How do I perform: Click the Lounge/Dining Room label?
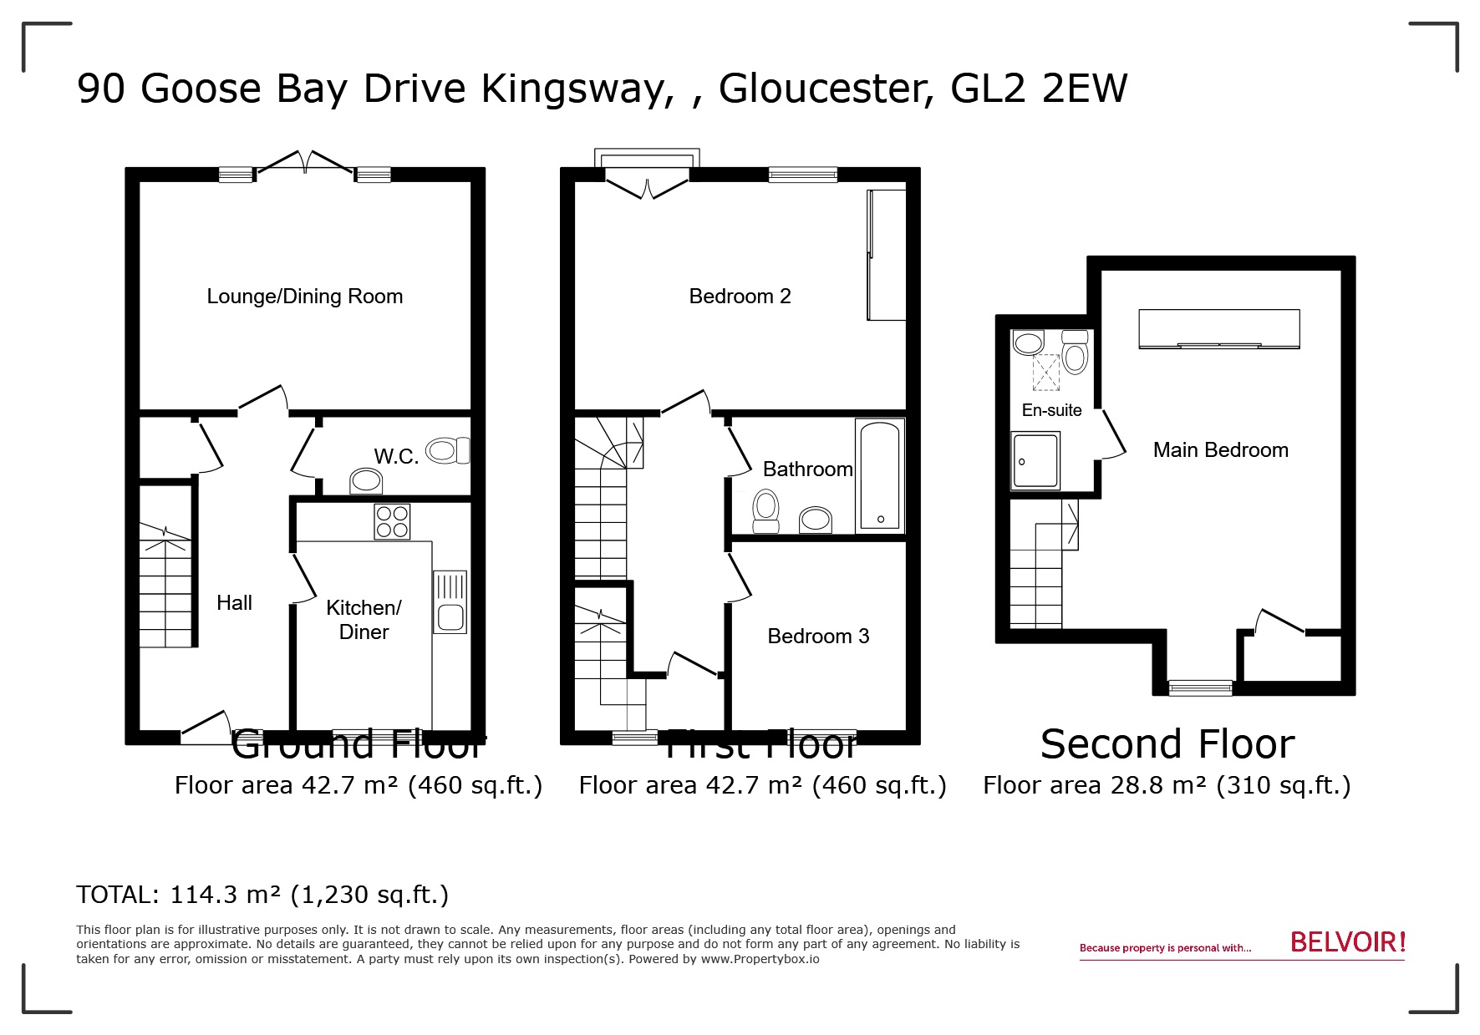(x=304, y=297)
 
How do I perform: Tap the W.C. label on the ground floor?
(x=396, y=457)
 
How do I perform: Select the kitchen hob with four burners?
(x=392, y=522)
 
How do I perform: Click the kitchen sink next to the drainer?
(x=450, y=617)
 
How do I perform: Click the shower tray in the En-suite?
(x=1035, y=460)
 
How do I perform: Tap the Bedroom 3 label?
(x=818, y=637)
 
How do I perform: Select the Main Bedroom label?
(x=1220, y=450)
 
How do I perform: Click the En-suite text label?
(x=1051, y=410)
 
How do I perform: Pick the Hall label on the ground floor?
(x=234, y=603)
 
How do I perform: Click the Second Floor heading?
(x=1167, y=744)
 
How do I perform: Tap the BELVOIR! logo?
(x=1347, y=943)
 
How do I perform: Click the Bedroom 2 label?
(x=740, y=297)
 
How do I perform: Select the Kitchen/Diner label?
(x=364, y=620)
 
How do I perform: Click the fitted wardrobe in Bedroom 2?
(x=887, y=255)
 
